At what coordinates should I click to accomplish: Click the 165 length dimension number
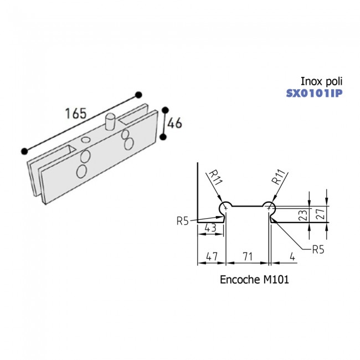(x=75, y=113)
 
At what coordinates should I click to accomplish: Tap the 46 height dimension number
(x=175, y=124)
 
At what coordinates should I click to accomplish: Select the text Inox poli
(x=321, y=81)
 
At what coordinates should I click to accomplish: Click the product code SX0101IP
(x=314, y=92)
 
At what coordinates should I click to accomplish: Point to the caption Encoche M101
(x=254, y=280)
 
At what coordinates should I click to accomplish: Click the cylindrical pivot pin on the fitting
(x=110, y=121)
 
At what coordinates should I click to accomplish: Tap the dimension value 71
(x=246, y=256)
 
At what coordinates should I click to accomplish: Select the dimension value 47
(x=212, y=256)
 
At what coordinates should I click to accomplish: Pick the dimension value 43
(x=210, y=228)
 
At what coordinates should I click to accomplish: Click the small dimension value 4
(x=292, y=256)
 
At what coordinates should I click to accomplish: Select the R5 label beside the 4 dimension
(x=317, y=249)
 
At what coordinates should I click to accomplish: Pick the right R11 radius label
(x=279, y=178)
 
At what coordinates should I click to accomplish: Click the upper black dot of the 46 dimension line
(x=164, y=110)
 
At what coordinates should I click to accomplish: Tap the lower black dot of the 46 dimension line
(x=163, y=136)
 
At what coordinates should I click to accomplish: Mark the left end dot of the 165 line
(x=24, y=151)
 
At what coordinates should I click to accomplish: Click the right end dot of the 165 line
(x=138, y=94)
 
